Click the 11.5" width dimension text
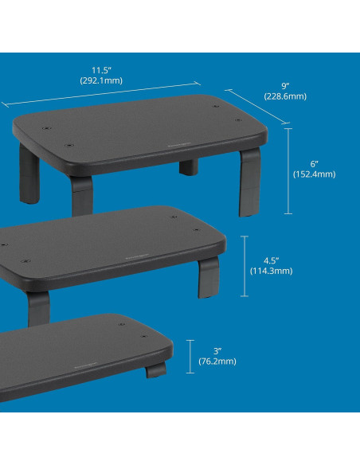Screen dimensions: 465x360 100,69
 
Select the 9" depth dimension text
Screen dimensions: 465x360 286,85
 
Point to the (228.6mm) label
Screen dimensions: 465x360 286,96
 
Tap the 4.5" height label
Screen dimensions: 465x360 272,260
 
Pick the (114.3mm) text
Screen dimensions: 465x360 272,271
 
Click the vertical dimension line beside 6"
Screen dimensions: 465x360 288,170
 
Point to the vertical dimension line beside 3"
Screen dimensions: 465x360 191,355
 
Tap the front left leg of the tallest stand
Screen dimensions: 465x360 80,196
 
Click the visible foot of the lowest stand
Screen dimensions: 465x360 156,370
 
